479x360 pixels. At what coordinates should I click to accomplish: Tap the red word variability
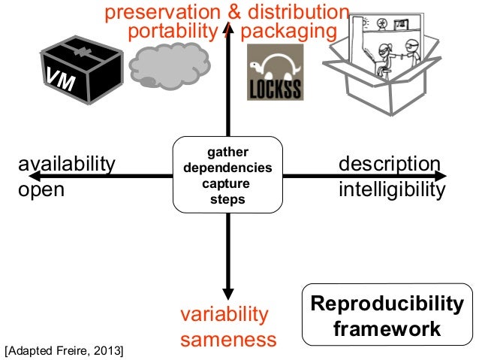224,313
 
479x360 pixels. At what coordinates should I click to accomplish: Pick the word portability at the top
172,32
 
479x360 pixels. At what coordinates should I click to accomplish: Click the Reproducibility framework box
387,316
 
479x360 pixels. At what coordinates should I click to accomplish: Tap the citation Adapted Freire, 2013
64,350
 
